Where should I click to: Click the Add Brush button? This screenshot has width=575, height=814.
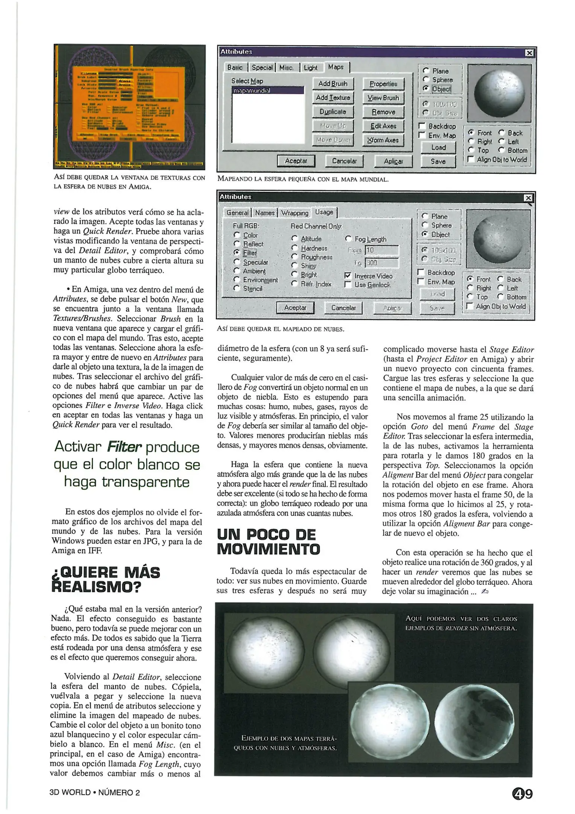click(333, 84)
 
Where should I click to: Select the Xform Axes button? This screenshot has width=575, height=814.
click(383, 140)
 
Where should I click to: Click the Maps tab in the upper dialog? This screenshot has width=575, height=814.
click(336, 67)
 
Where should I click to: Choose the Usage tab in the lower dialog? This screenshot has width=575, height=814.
click(324, 212)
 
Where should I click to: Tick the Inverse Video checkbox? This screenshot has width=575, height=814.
click(348, 276)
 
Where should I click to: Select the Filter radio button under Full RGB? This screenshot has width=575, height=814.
click(237, 252)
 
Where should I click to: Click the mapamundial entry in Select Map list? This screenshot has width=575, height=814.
click(267, 91)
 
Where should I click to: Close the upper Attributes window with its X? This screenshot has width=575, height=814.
click(529, 53)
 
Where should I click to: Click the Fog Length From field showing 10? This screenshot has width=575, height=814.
click(381, 250)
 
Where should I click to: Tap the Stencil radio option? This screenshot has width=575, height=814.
click(237, 288)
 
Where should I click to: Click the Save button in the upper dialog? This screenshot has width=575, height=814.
click(438, 161)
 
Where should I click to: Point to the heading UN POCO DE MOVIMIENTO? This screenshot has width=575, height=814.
click(268, 542)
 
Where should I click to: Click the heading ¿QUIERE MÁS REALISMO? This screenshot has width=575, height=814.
click(105, 580)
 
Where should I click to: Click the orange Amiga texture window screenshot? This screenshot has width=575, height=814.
click(130, 107)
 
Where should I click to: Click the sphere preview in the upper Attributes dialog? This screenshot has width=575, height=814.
click(499, 93)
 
